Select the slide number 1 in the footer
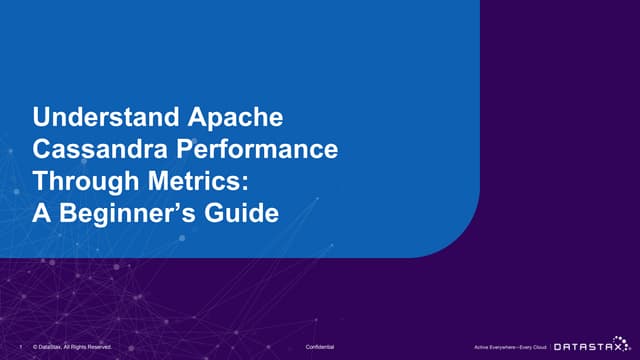pos(22,345)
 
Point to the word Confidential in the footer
pos(320,345)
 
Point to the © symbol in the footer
pos(35,345)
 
